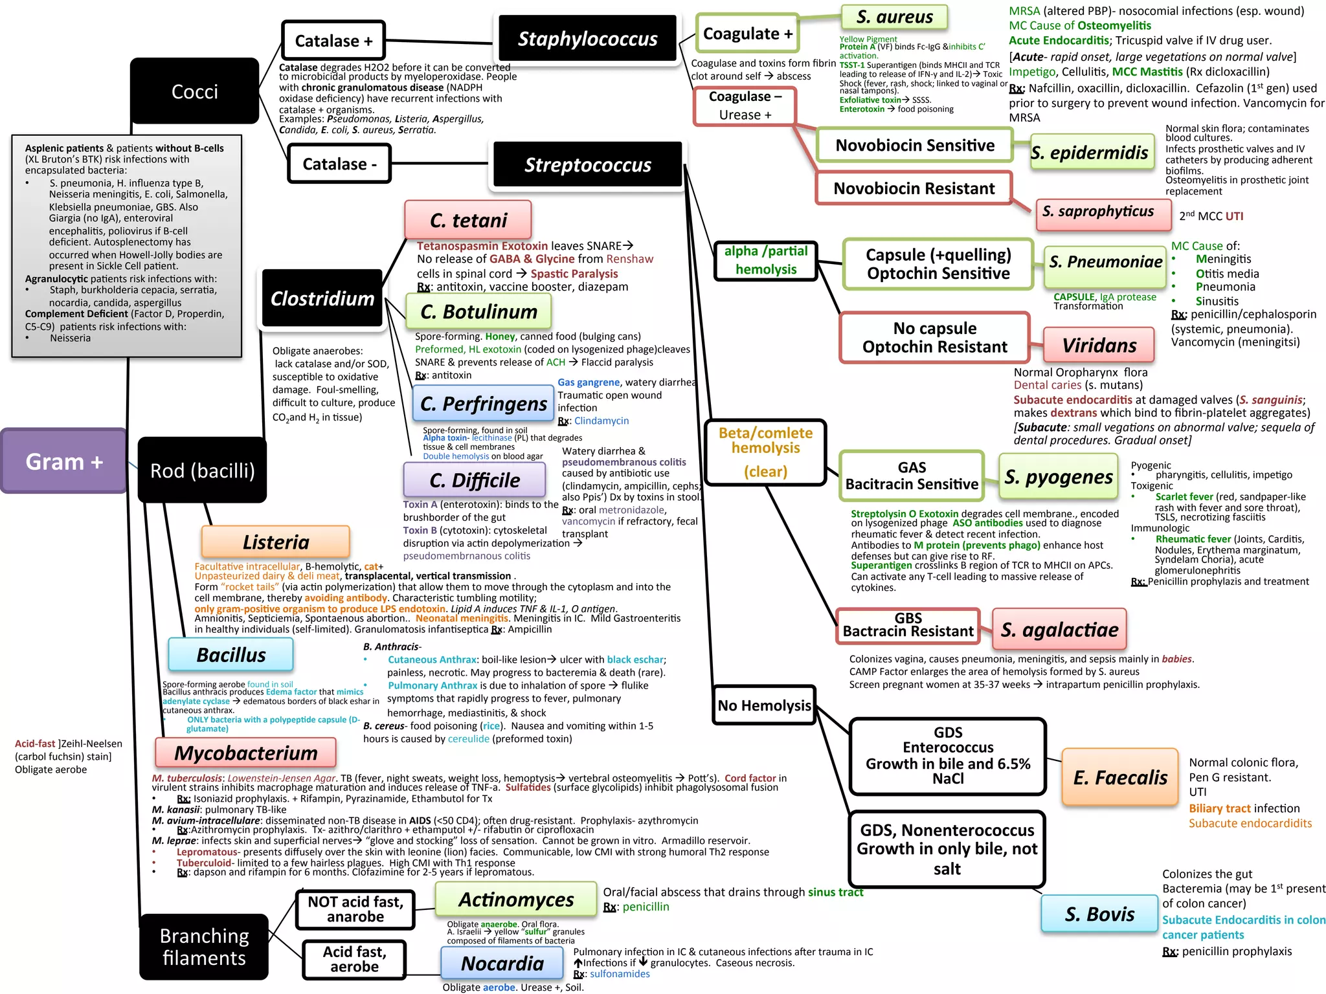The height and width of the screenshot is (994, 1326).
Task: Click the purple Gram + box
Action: tap(63, 461)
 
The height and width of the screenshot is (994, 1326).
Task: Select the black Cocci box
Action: tap(194, 91)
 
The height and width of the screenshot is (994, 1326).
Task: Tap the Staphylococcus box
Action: tap(587, 39)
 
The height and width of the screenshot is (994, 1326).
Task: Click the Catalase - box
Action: tap(339, 164)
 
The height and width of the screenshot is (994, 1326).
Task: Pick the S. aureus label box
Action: tap(894, 17)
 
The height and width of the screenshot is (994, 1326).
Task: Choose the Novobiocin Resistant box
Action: tap(914, 188)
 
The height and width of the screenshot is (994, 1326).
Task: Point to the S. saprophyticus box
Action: tap(1103, 213)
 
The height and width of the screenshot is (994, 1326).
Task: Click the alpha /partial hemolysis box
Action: tap(766, 260)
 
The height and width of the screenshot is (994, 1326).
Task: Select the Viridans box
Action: tap(1099, 345)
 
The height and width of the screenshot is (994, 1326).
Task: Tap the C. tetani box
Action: tap(468, 220)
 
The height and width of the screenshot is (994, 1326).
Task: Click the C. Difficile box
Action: tap(474, 480)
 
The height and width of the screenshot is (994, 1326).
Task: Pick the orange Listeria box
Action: tap(276, 542)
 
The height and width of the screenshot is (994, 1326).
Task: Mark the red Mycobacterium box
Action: tap(246, 753)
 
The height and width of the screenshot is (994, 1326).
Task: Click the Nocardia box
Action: tap(502, 963)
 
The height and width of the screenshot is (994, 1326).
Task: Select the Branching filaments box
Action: tap(204, 947)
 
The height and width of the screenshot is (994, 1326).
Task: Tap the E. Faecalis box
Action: tap(1119, 777)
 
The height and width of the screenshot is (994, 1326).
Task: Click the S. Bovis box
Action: tap(1099, 913)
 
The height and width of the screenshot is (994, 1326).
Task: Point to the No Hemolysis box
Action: tap(764, 705)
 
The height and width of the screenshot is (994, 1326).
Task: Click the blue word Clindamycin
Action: tap(601, 421)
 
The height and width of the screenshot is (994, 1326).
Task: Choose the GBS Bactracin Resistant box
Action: tap(908, 626)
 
